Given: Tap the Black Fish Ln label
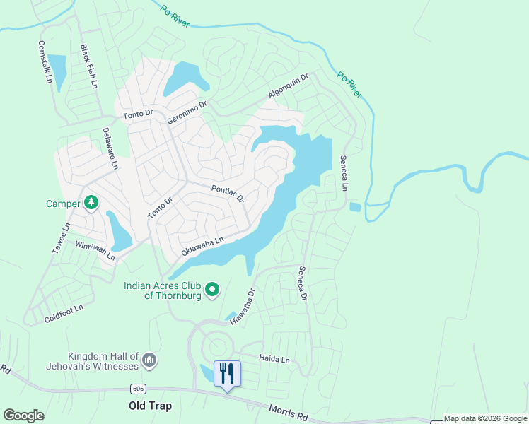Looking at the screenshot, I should tap(89, 67).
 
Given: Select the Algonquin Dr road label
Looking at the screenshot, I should tap(289, 87).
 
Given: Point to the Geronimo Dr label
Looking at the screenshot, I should tap(187, 112).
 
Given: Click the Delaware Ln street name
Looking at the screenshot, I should tap(110, 148).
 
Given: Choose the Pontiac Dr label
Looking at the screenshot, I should tap(228, 192).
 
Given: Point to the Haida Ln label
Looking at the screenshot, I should tap(274, 360).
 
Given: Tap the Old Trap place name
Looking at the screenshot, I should tap(150, 406).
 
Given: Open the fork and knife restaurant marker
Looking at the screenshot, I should tap(227, 373).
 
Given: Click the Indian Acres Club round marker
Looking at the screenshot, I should tap(211, 289).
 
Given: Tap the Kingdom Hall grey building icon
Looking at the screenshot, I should tap(149, 360).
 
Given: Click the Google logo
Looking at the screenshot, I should tap(23, 416).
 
